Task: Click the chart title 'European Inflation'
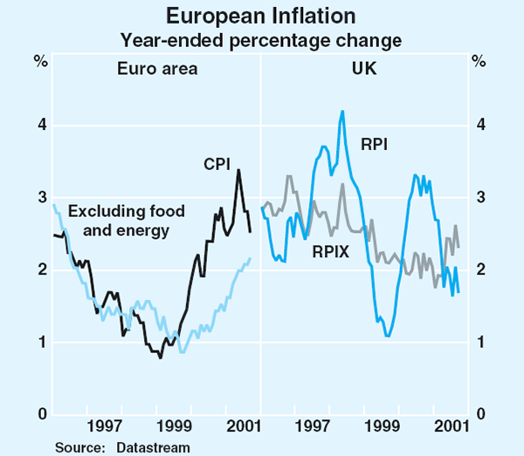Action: coord(261,16)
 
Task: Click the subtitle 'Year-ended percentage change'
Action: coord(261,39)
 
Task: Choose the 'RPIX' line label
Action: coord(332,253)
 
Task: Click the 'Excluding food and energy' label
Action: coord(118,221)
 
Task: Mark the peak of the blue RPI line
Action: coord(342,111)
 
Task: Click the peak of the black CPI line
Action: coord(238,169)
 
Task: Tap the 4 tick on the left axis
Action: coord(41,126)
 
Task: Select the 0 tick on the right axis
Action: coord(479,414)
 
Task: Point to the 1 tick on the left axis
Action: coord(41,342)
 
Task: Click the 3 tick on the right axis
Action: coord(479,198)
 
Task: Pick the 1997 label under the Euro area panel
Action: coord(104,428)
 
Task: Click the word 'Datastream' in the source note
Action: coord(153,446)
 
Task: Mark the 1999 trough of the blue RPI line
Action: coord(388,336)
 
